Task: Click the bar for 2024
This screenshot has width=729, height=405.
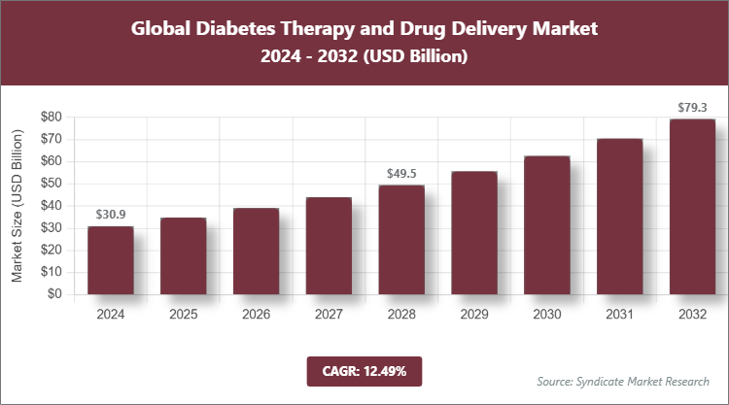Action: coord(110,260)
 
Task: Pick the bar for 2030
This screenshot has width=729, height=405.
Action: coord(547,224)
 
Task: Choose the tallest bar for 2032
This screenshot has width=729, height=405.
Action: coord(692,206)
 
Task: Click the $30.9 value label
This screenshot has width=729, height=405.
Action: coord(111,214)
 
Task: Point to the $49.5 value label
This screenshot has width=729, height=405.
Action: coord(401,173)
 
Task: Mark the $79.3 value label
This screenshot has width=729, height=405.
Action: coord(693,107)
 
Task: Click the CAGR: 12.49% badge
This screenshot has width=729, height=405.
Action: coord(364,370)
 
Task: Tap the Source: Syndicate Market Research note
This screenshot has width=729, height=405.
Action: coord(623,380)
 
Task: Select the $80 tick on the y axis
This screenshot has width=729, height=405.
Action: coord(52,118)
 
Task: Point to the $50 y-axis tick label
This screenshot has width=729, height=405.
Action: coord(52,184)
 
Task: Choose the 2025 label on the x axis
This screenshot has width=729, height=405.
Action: coord(183,315)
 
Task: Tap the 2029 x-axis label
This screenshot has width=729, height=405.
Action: coord(474,315)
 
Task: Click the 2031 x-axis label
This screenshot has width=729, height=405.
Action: coord(620,315)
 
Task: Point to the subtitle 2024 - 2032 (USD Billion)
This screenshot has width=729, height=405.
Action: coord(364,57)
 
